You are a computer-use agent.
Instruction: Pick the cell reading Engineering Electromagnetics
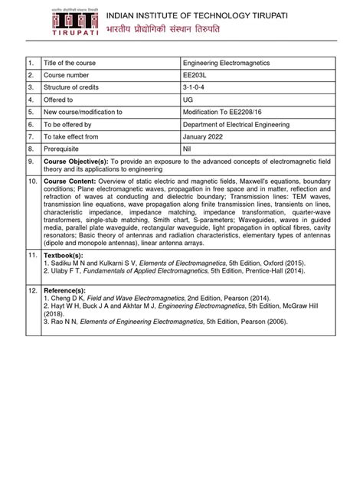click(230, 63)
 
